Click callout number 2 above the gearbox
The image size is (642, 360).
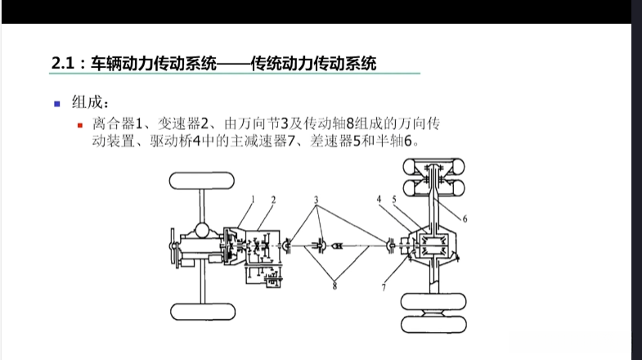[273, 200]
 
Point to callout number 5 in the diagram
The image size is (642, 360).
[394, 199]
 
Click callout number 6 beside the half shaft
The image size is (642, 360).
[464, 218]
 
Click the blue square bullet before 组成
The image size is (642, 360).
[56, 104]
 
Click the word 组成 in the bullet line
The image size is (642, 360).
[85, 104]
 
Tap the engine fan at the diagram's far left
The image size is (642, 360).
[173, 245]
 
